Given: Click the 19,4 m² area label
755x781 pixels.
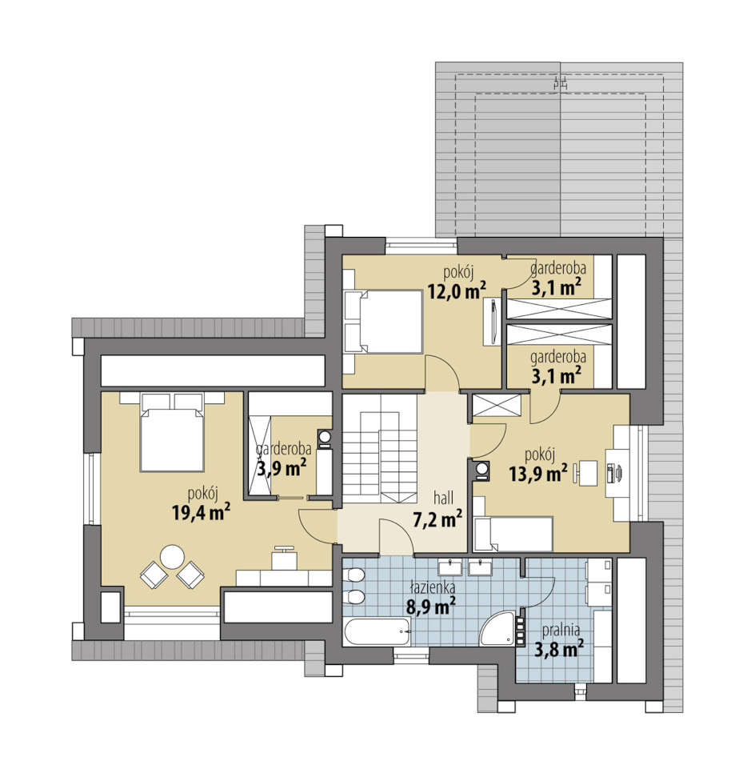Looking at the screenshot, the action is click(201, 511).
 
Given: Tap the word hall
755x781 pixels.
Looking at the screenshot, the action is click(443, 498).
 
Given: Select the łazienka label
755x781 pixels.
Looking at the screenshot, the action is click(433, 587).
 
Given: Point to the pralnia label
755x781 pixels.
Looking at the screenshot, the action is click(561, 631).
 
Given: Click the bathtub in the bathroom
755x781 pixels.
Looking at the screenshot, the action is click(377, 631).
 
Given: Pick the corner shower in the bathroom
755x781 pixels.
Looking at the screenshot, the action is click(497, 629).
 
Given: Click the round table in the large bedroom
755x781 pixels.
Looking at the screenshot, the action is click(172, 557).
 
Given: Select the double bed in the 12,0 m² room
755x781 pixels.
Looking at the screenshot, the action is click(384, 322).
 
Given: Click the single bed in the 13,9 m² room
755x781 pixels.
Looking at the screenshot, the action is click(513, 534).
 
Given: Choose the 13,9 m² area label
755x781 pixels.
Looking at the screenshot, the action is click(538, 473).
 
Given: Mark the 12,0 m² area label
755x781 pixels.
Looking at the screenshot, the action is click(457, 290).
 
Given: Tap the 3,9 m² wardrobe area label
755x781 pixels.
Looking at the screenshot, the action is click(282, 468).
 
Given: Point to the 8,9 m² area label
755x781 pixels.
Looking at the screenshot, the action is click(431, 607).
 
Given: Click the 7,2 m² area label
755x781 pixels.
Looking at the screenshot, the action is click(437, 519).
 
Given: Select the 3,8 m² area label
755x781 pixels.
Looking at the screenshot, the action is click(559, 649).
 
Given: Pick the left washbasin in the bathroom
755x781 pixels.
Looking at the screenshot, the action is click(450, 567).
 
